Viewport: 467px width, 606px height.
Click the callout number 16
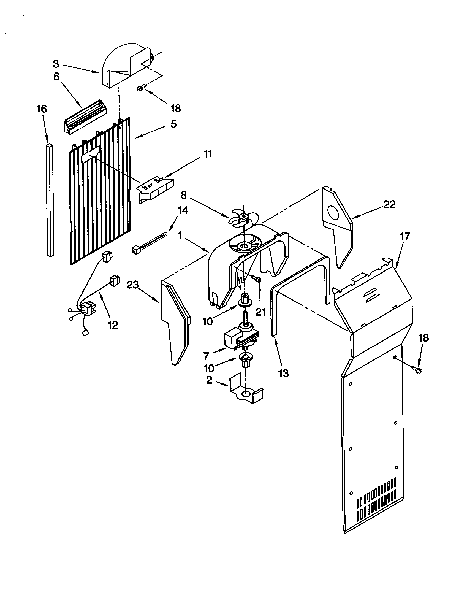coord(42,109)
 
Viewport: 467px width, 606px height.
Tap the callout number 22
coord(389,204)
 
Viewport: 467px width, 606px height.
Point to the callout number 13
coord(283,374)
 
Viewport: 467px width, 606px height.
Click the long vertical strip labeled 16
coord(50,200)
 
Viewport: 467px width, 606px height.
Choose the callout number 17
coord(404,236)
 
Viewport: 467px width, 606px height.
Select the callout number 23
coord(132,285)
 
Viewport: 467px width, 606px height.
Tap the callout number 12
coord(113,325)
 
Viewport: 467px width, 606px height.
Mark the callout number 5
coord(173,124)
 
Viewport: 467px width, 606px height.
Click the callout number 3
coord(56,64)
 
